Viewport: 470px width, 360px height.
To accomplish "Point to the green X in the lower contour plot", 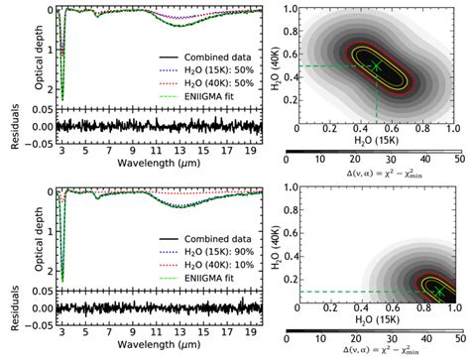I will coord(439,291).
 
